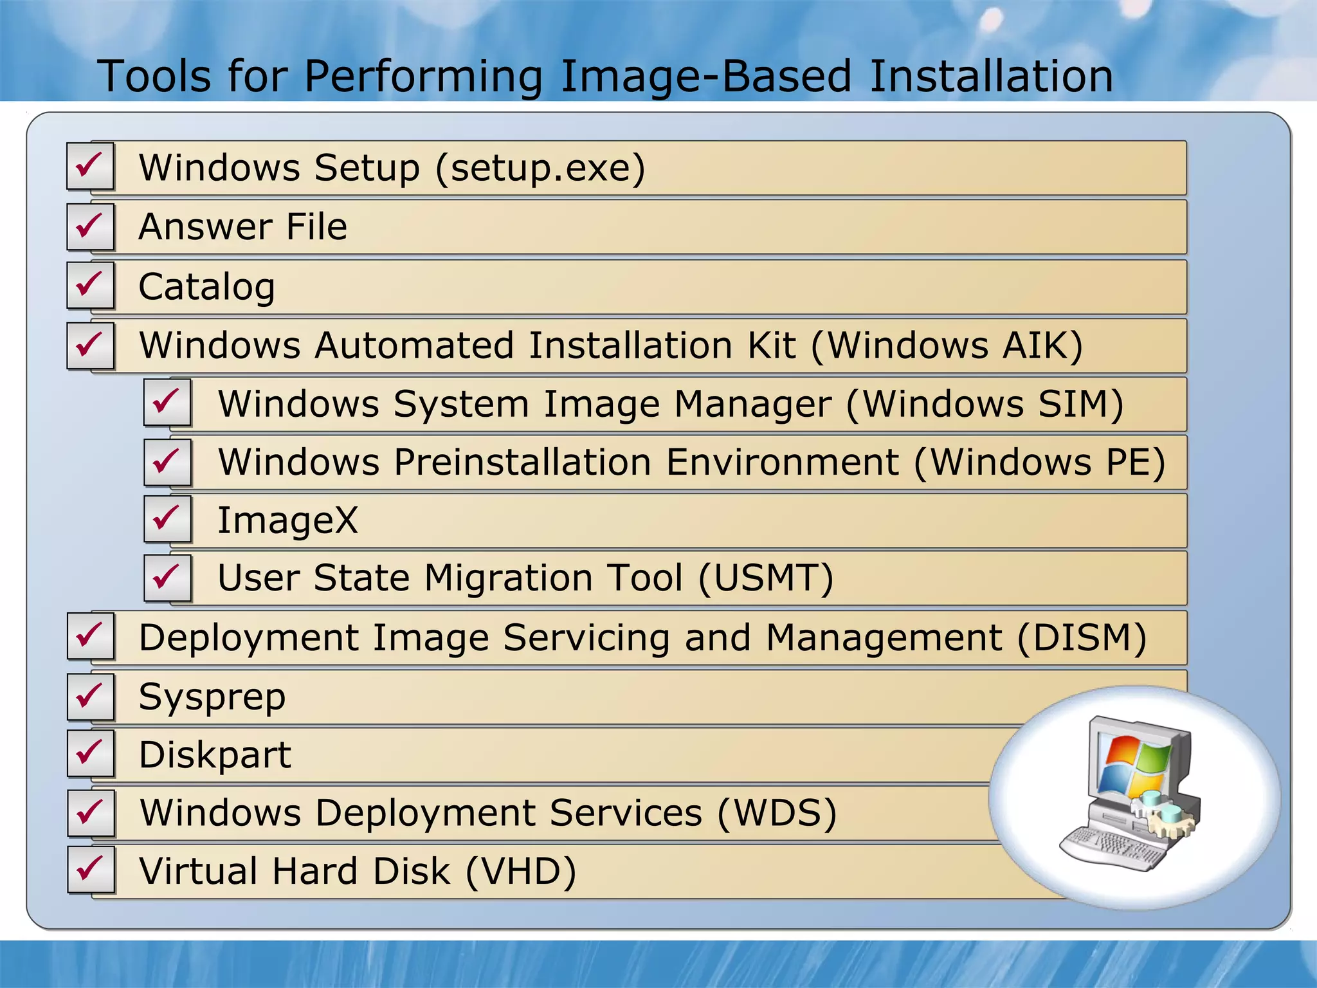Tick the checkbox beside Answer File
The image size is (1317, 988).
point(90,226)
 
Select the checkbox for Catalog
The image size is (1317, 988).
point(90,285)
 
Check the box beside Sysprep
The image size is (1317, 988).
point(90,697)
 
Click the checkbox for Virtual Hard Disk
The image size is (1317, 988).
point(90,870)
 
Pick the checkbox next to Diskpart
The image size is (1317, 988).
point(90,753)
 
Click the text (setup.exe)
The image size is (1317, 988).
point(540,169)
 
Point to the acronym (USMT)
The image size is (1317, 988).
point(766,578)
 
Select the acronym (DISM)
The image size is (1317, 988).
point(1082,638)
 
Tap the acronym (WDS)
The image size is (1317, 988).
point(777,813)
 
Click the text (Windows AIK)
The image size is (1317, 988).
point(947,346)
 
